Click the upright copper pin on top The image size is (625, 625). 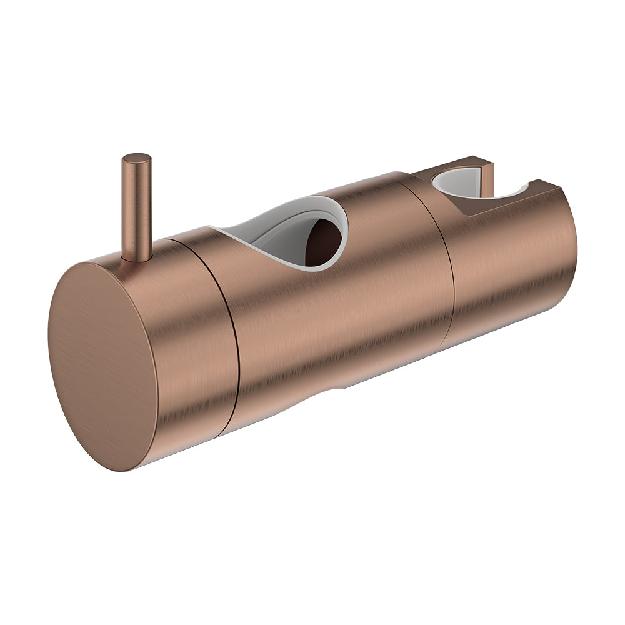tap(136, 206)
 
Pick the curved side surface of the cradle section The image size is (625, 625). tap(506, 269)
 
